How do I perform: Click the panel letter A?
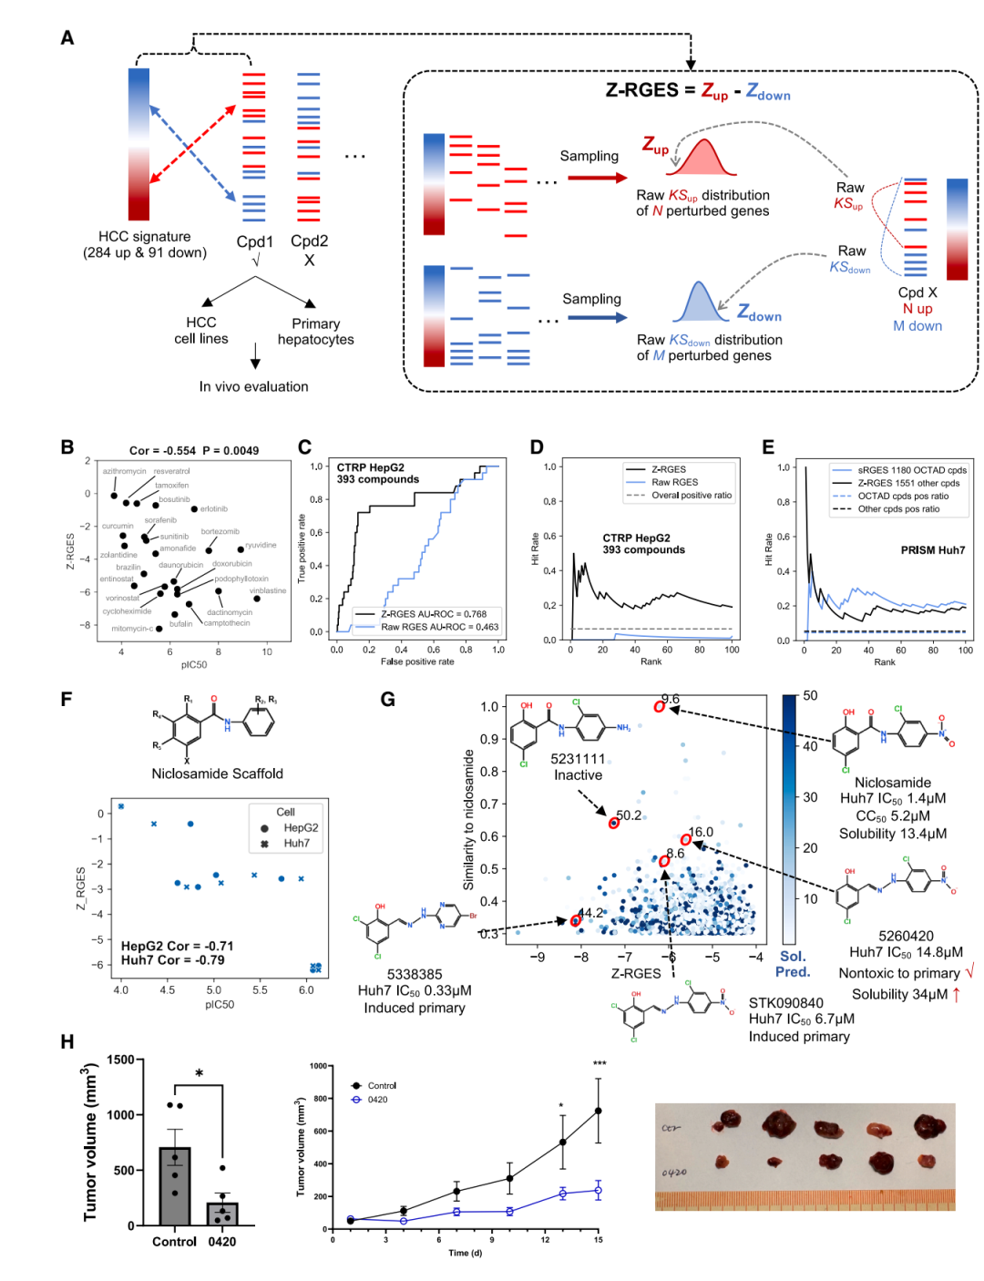point(67,38)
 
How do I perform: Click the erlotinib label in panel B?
point(214,508)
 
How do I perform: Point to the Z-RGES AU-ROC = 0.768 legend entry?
point(434,614)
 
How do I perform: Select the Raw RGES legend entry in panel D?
point(674,483)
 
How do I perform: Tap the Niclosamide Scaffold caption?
point(217,774)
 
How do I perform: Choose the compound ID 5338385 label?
point(415,974)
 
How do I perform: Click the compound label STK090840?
point(785,1003)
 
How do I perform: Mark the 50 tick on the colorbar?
point(810,696)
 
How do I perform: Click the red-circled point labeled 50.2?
point(614,823)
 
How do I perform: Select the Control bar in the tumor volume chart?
point(175,1185)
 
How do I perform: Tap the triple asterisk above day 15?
point(599,1064)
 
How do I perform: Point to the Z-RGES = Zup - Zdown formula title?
point(698,91)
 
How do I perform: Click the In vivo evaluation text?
point(253,386)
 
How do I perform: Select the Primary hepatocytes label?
point(315,332)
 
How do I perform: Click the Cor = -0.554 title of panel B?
point(193,450)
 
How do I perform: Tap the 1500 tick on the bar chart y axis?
point(120,1060)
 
